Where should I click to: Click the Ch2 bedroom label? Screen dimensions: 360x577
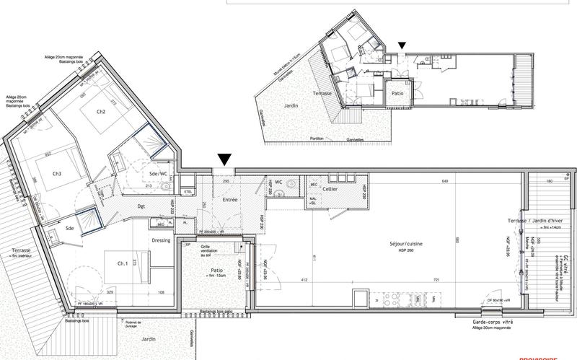pyautogui.click(x=101, y=112)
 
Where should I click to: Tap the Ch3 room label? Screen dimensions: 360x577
pyautogui.click(x=57, y=173)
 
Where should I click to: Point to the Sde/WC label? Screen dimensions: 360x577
pyautogui.click(x=159, y=175)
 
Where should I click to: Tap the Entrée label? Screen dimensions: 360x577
pyautogui.click(x=229, y=199)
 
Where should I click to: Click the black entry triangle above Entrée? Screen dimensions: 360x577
pyautogui.click(x=224, y=159)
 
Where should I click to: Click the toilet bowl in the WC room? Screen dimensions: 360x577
pyautogui.click(x=288, y=185)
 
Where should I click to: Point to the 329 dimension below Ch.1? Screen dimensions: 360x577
pyautogui.click(x=110, y=292)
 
